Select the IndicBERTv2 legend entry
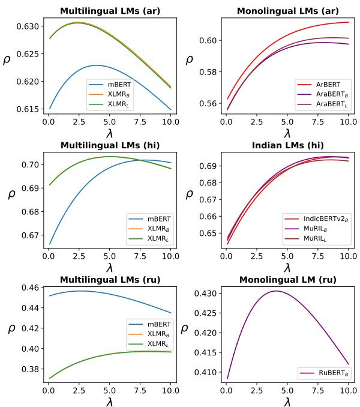pos(320,221)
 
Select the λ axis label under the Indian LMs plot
pos(287,267)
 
